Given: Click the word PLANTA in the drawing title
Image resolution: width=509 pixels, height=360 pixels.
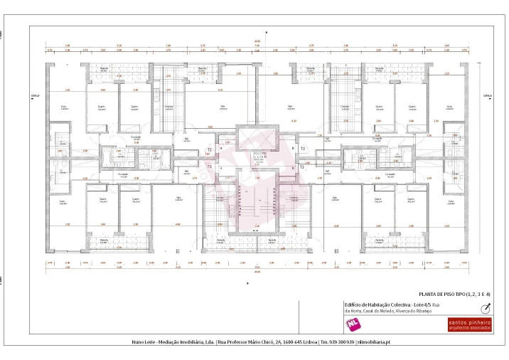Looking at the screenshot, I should click(x=427, y=294).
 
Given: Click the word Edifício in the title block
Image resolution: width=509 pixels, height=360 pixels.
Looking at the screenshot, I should click(x=353, y=305).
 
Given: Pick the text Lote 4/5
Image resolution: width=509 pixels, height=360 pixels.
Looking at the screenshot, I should click(x=419, y=305).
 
